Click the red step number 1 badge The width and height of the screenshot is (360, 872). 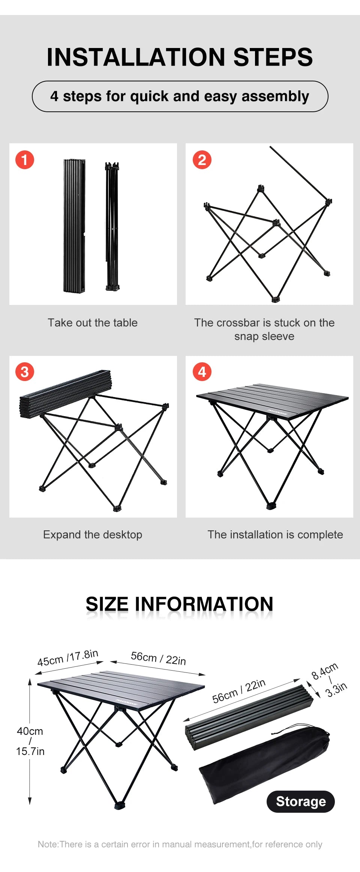pyautogui.click(x=25, y=160)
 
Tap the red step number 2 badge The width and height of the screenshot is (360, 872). pyautogui.click(x=202, y=160)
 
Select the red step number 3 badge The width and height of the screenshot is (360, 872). pyautogui.click(x=25, y=372)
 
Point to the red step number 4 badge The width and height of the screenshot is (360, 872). pyautogui.click(x=202, y=372)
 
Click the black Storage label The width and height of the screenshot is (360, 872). pyautogui.click(x=301, y=801)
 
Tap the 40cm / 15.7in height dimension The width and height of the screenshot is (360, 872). pyautogui.click(x=30, y=741)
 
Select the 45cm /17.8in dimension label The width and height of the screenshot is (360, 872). pyautogui.click(x=68, y=658)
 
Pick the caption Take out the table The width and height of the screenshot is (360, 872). pyautogui.click(x=93, y=323)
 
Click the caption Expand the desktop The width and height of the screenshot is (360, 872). pyautogui.click(x=93, y=534)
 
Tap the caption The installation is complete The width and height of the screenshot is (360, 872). pyautogui.click(x=275, y=534)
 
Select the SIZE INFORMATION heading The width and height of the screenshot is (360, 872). pyautogui.click(x=180, y=604)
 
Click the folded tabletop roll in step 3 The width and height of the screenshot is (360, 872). pyautogui.click(x=66, y=393)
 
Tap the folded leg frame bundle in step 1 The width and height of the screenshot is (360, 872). pyautogui.click(x=112, y=227)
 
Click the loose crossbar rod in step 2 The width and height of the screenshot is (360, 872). pyautogui.click(x=299, y=173)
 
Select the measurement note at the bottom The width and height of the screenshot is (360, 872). pyautogui.click(x=180, y=844)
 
